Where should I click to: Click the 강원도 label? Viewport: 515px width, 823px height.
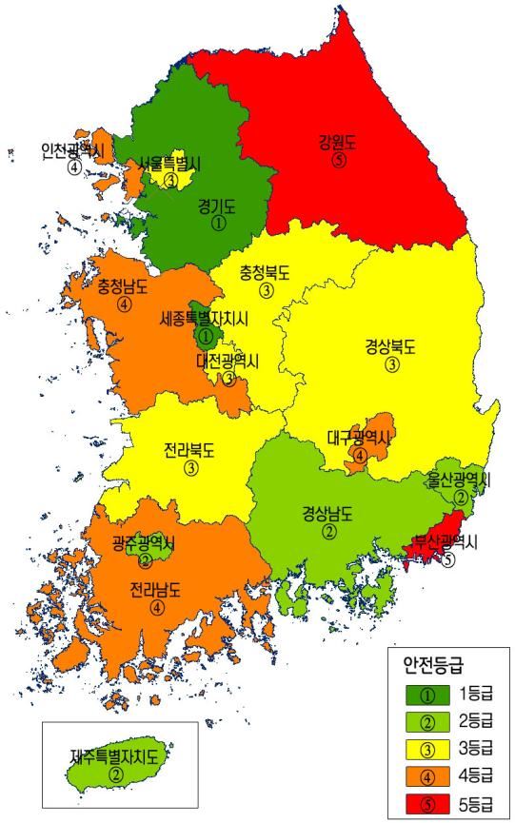click(338, 144)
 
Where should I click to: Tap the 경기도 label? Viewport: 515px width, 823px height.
click(217, 205)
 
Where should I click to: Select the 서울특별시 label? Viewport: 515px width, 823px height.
click(170, 163)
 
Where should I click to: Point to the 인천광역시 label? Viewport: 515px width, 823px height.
click(72, 150)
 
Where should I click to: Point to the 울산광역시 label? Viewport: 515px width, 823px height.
click(458, 479)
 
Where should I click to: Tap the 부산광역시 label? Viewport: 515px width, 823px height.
click(446, 541)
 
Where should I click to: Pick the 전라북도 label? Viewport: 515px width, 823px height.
click(189, 450)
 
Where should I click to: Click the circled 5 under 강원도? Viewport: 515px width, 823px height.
click(338, 162)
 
